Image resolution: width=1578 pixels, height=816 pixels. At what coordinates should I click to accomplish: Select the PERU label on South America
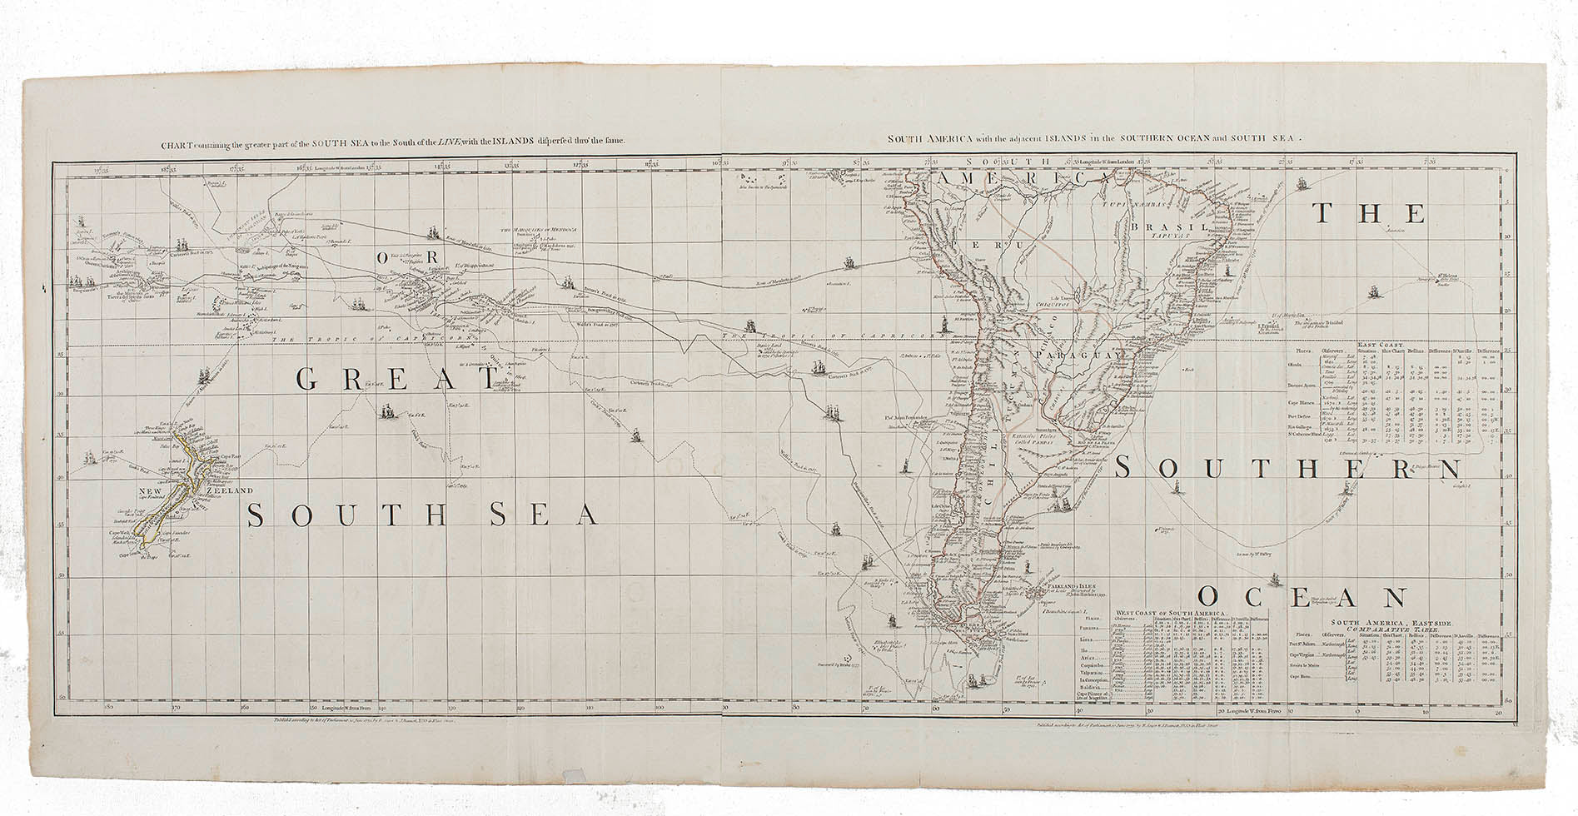point(998,246)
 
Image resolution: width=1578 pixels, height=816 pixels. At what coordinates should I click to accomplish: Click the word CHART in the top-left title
point(176,142)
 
